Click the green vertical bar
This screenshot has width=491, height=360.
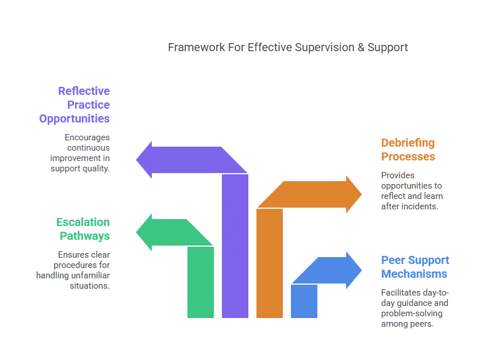click(x=201, y=282)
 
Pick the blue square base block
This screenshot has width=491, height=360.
click(x=304, y=301)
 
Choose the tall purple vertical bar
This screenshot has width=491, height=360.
click(x=235, y=246)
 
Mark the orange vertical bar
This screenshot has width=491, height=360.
click(x=270, y=263)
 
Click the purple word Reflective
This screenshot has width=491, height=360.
click(x=84, y=91)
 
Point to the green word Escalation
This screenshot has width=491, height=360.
click(x=83, y=222)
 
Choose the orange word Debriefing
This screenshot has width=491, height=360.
click(x=408, y=143)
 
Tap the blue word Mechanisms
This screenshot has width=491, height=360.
click(x=414, y=274)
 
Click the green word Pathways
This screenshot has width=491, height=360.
click(x=85, y=236)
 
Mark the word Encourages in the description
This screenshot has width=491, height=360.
click(x=87, y=137)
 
